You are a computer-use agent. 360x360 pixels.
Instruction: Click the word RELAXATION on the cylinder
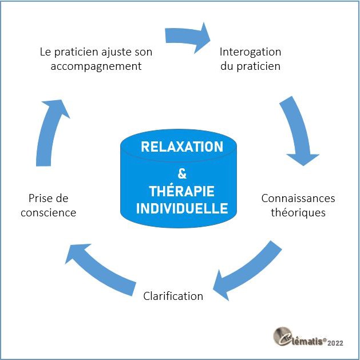181,147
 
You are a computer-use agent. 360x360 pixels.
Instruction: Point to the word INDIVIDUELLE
181,207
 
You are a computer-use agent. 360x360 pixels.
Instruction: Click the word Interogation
251,52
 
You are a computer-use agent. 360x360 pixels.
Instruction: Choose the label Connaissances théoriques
298,205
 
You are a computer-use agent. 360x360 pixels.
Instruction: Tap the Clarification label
173,296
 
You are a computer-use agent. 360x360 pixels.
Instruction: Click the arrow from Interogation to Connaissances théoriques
298,130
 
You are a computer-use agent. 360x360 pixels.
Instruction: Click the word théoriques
298,212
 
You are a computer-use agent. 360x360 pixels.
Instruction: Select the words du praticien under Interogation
250,66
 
